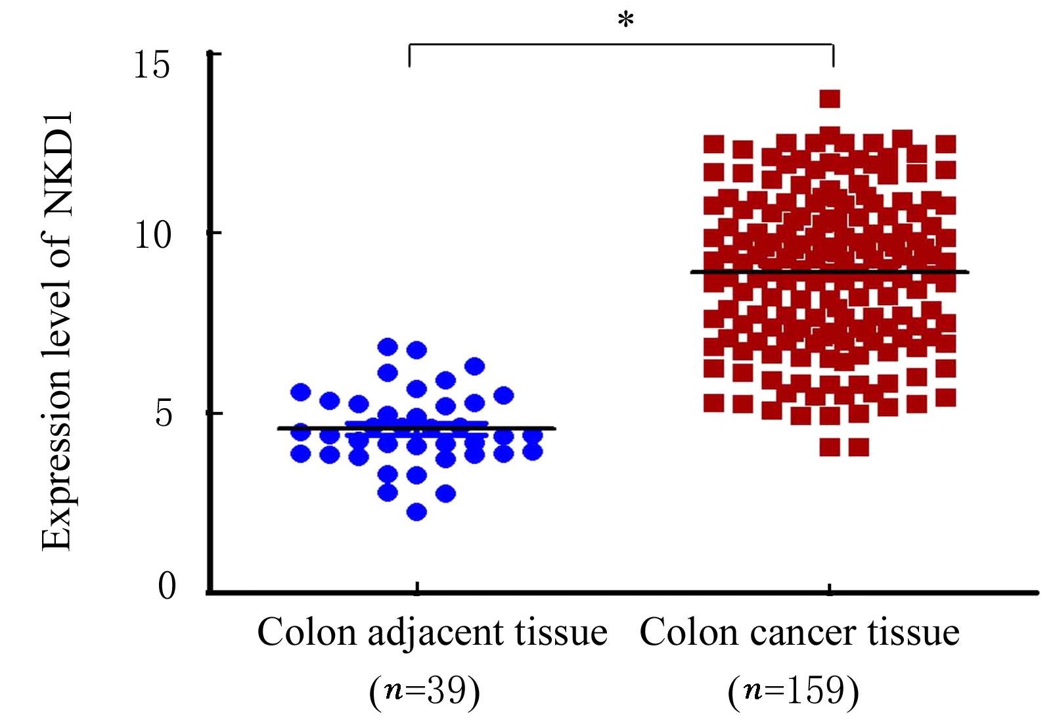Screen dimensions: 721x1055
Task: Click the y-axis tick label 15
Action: pyautogui.click(x=152, y=66)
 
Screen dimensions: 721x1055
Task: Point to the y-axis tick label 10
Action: pyautogui.click(x=152, y=235)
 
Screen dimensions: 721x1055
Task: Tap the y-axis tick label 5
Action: pyautogui.click(x=166, y=415)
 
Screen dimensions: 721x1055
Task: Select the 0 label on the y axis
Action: pyautogui.click(x=167, y=586)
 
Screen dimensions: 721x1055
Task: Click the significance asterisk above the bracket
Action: pyautogui.click(x=625, y=21)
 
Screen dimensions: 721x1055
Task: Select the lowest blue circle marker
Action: pyautogui.click(x=417, y=511)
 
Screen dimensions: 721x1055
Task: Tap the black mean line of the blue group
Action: pyautogui.click(x=526, y=429)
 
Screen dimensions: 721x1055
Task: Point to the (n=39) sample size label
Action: pyautogui.click(x=425, y=691)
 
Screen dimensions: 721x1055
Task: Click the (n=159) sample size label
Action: pyautogui.click(x=793, y=691)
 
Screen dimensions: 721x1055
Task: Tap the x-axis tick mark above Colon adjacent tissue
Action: pyautogui.click(x=417, y=587)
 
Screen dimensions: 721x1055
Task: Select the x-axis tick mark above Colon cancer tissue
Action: pyautogui.click(x=830, y=588)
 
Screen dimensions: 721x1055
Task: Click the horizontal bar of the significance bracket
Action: pyautogui.click(x=621, y=45)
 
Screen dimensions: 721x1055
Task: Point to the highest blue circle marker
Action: pyautogui.click(x=388, y=346)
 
